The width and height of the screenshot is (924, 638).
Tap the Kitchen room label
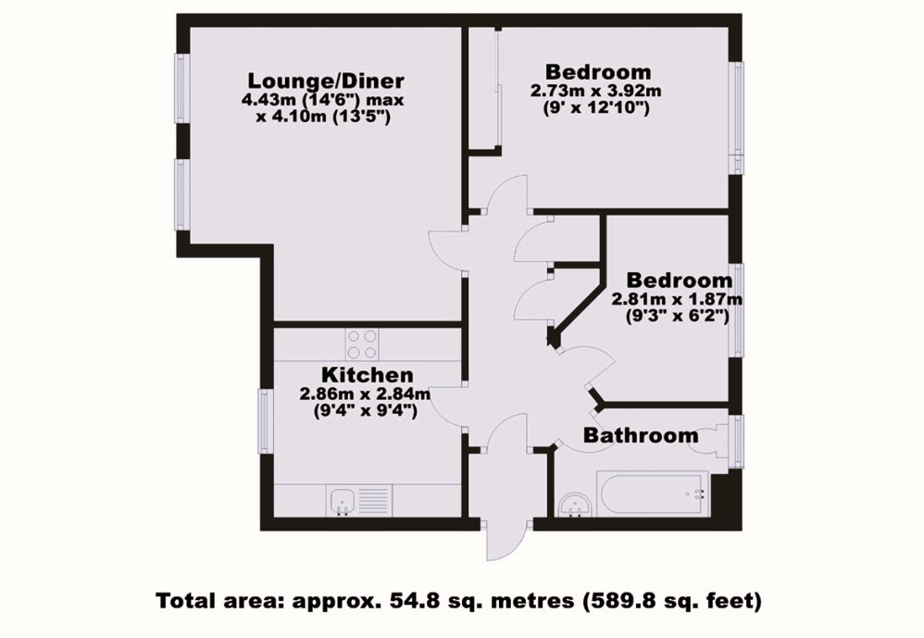(x=366, y=375)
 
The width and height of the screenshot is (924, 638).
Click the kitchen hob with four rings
(x=361, y=345)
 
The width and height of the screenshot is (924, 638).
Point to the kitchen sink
(x=342, y=501)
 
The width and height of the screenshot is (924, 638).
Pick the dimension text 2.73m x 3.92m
(x=595, y=91)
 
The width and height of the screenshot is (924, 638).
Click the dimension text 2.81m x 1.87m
(x=677, y=299)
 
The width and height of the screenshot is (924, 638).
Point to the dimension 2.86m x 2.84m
(x=365, y=394)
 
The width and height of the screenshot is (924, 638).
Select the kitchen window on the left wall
(x=263, y=422)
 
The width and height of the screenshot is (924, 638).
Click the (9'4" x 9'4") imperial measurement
(x=365, y=410)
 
